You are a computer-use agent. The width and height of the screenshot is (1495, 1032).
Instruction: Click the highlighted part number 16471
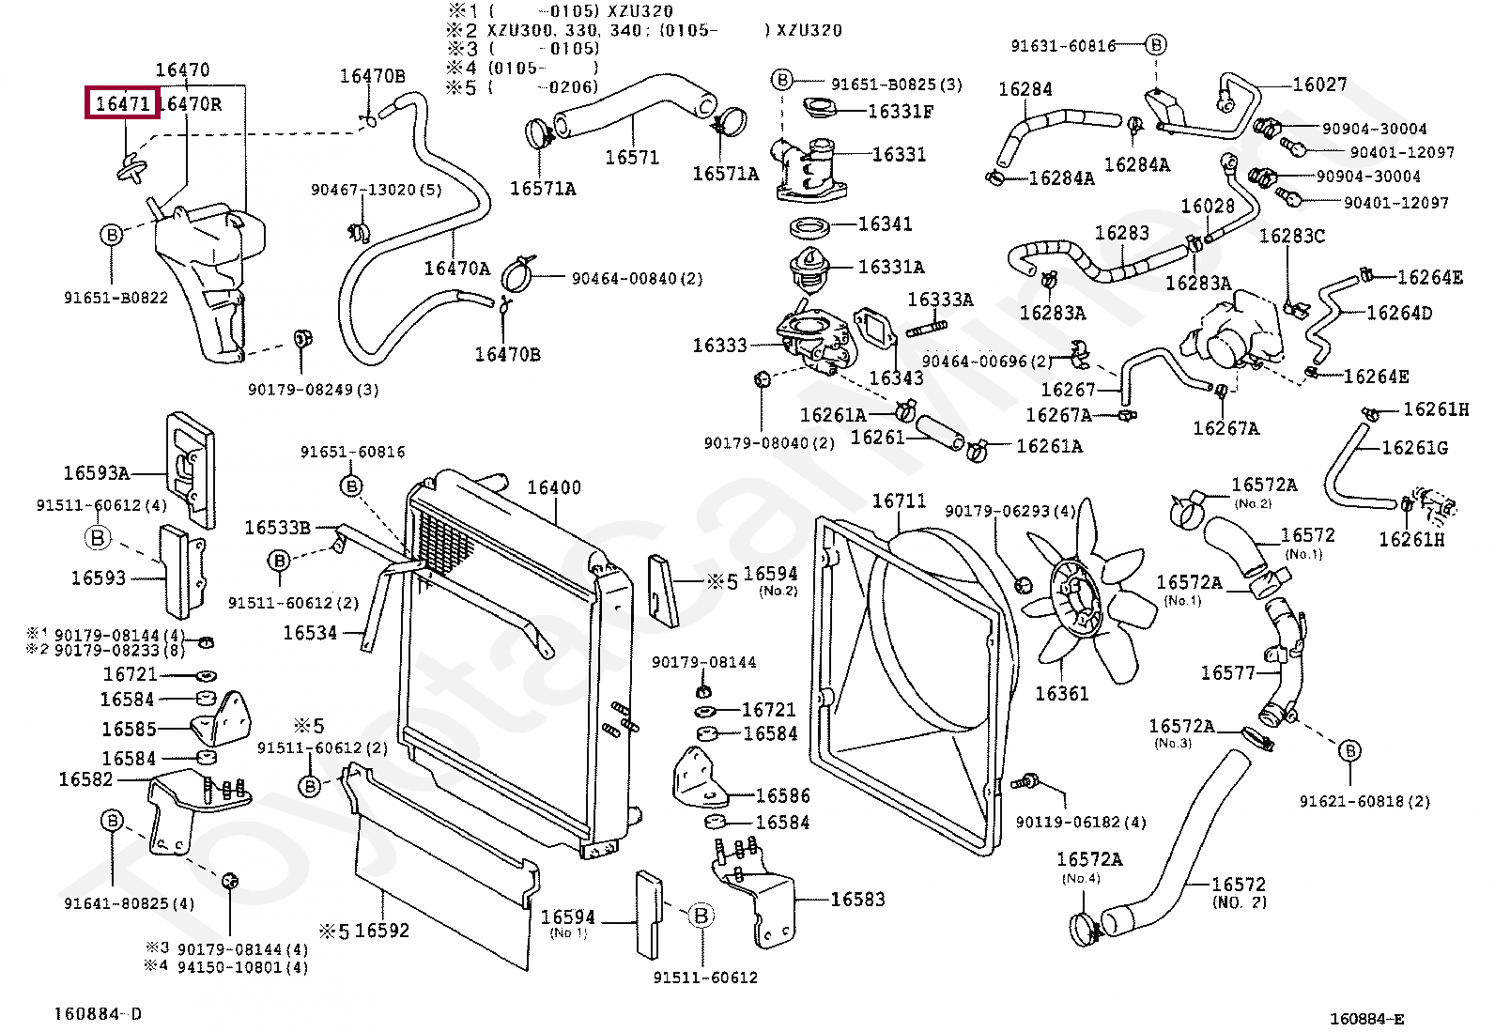tap(123, 103)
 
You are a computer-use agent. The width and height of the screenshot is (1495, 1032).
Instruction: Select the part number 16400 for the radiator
tap(553, 487)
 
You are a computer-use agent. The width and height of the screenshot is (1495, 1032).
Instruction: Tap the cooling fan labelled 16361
tap(1061, 694)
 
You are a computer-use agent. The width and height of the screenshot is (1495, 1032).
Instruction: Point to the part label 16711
tap(899, 501)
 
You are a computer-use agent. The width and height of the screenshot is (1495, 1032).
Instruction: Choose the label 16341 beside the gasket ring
tap(885, 223)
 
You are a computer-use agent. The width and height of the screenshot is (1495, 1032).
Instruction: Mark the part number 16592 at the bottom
tap(382, 931)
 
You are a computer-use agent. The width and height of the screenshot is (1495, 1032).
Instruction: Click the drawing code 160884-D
tap(98, 1014)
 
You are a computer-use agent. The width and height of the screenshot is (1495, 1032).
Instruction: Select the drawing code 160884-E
tap(1366, 1019)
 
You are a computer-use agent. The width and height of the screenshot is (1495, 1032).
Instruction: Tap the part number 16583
tap(857, 899)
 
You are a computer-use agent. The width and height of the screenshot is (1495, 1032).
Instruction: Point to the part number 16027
tap(1319, 85)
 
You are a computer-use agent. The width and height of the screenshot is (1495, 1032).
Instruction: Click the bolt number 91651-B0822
tap(116, 299)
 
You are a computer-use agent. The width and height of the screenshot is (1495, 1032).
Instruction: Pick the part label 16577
tap(1227, 673)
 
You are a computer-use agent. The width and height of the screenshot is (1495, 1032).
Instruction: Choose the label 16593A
tap(96, 473)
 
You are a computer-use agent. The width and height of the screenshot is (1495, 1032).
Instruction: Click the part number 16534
tap(310, 633)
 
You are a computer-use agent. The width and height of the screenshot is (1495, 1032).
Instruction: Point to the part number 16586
tap(782, 796)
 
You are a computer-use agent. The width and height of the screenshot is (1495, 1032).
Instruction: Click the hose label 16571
tap(632, 157)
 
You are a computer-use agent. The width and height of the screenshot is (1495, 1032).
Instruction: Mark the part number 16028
tap(1207, 207)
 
